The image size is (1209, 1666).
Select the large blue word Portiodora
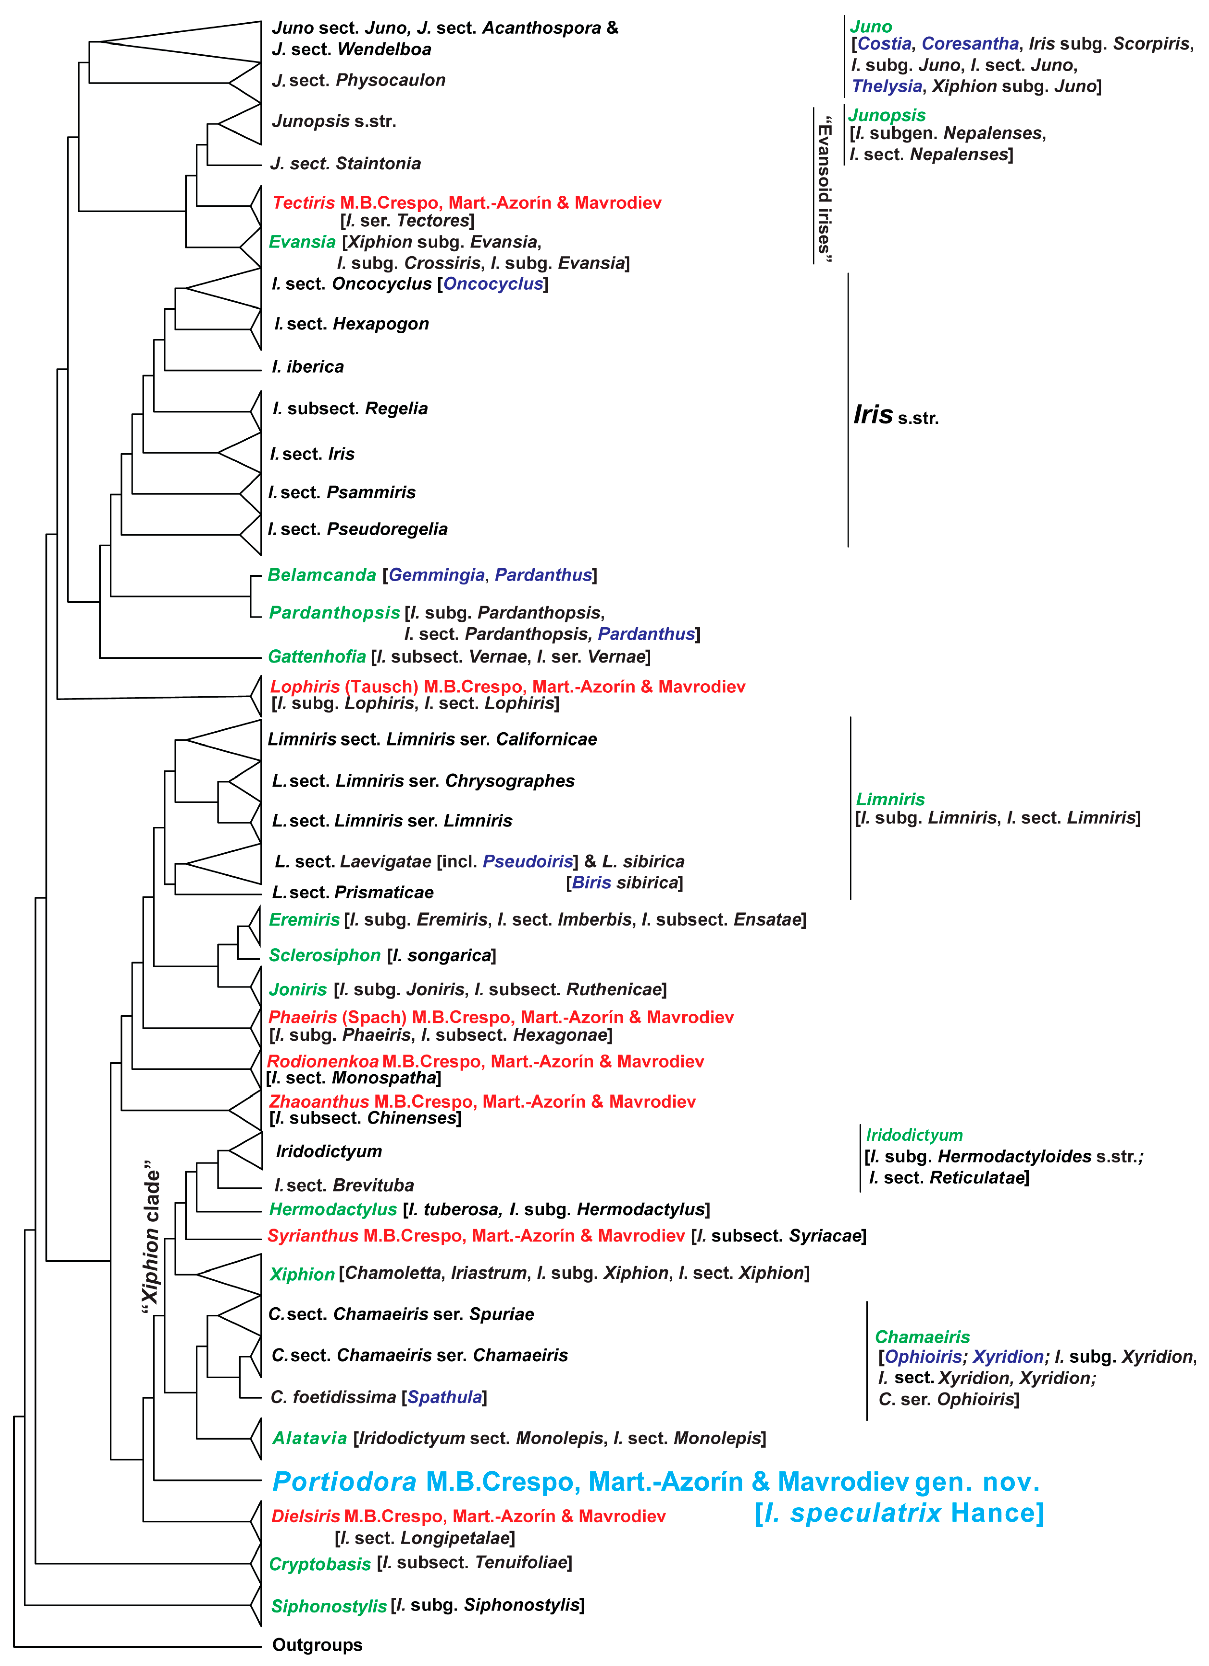point(345,1482)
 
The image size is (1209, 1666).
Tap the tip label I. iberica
point(308,366)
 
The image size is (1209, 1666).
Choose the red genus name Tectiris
point(303,203)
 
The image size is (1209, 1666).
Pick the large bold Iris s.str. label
point(895,416)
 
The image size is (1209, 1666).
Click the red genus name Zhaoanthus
point(319,1101)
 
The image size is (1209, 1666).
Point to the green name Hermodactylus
point(333,1209)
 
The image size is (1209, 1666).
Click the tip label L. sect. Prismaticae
point(353,892)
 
